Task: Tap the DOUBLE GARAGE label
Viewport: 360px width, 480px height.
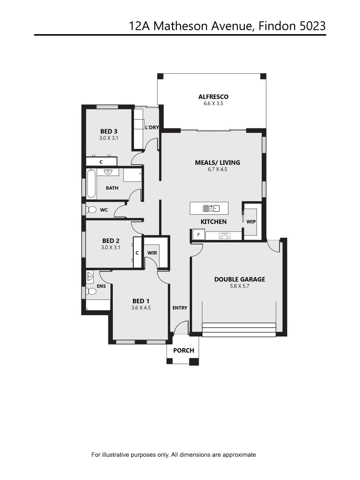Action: (240, 279)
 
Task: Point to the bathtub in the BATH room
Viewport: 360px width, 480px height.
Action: (91, 184)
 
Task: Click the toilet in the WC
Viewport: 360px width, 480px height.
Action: (92, 209)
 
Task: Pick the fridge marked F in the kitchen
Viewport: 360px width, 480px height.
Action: (198, 235)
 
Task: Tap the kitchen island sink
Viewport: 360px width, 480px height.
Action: (211, 208)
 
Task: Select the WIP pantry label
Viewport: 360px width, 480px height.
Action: (251, 221)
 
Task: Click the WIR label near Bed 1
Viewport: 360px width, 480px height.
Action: (152, 252)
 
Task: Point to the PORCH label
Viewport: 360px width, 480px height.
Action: (184, 350)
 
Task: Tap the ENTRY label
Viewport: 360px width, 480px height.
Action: (180, 308)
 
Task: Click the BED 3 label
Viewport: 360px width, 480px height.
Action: (109, 131)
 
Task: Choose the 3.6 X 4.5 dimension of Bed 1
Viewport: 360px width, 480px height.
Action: (141, 307)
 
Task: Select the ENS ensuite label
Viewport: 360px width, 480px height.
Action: (101, 286)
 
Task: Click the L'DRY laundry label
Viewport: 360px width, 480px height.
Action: (152, 128)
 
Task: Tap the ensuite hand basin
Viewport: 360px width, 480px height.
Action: (89, 276)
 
